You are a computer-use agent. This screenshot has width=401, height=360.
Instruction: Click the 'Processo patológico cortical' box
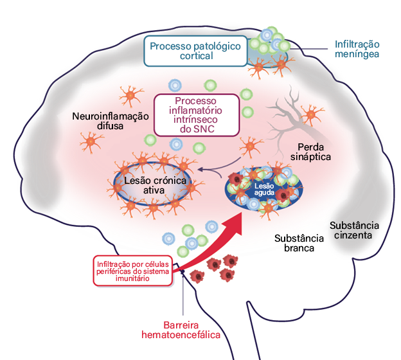[195, 51]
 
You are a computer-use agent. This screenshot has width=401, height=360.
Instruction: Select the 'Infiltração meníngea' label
[357, 50]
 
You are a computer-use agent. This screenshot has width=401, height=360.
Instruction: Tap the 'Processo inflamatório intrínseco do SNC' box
[196, 115]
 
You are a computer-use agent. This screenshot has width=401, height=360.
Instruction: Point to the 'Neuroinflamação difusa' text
[111, 122]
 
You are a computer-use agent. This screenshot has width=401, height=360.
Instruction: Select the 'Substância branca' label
[294, 242]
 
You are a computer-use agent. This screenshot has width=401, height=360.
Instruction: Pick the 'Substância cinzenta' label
[354, 230]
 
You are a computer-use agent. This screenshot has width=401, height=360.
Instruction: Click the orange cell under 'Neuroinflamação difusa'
[89, 140]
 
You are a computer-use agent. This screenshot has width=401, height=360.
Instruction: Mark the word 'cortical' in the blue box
[195, 56]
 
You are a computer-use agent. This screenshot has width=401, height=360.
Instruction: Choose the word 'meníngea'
[357, 55]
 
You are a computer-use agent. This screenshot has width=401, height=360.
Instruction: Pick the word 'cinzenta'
[354, 235]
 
